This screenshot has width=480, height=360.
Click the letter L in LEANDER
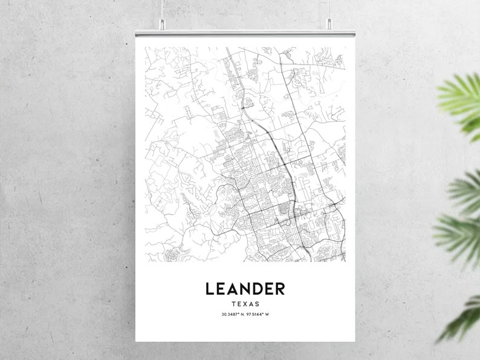210,289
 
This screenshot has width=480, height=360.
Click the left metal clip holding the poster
162,24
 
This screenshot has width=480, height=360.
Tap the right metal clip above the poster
329,24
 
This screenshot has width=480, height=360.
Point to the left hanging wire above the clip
162,8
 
